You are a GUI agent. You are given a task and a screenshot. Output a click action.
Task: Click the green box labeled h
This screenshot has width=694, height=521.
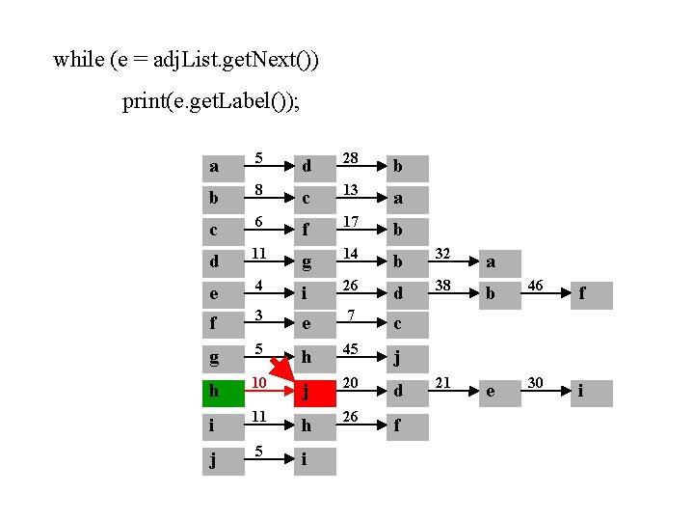(224, 393)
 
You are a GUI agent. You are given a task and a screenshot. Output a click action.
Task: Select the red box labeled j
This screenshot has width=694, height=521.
(315, 393)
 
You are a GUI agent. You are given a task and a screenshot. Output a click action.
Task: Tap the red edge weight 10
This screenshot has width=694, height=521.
(258, 384)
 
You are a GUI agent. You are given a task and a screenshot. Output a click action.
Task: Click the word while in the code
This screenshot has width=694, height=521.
(78, 60)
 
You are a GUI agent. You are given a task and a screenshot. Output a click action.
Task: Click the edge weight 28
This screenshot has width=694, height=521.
(351, 157)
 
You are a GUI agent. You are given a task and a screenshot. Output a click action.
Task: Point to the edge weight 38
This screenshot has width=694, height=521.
(443, 287)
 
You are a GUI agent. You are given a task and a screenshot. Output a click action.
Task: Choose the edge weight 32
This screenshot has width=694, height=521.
(443, 254)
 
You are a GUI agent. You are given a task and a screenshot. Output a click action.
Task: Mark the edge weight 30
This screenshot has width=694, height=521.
(536, 383)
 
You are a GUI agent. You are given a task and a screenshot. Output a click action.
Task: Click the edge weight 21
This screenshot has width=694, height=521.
(443, 383)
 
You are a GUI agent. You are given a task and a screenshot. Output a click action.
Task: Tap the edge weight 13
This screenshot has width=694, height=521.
(351, 190)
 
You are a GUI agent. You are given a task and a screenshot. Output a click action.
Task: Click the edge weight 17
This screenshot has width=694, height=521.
(351, 222)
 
